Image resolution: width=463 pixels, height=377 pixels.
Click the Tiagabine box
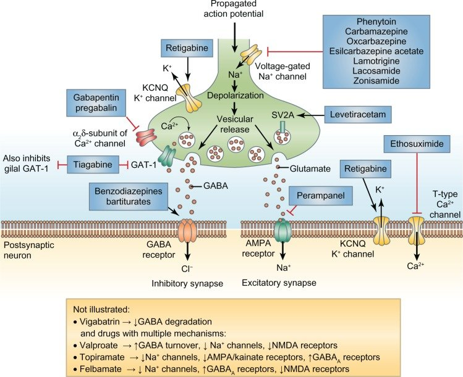point(96,165)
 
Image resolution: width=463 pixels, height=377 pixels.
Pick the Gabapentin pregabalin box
point(97,103)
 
